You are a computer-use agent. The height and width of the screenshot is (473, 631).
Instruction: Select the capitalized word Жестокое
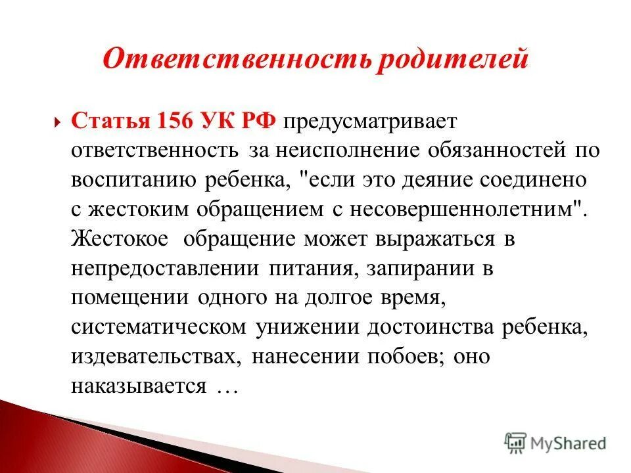[x=122, y=238]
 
